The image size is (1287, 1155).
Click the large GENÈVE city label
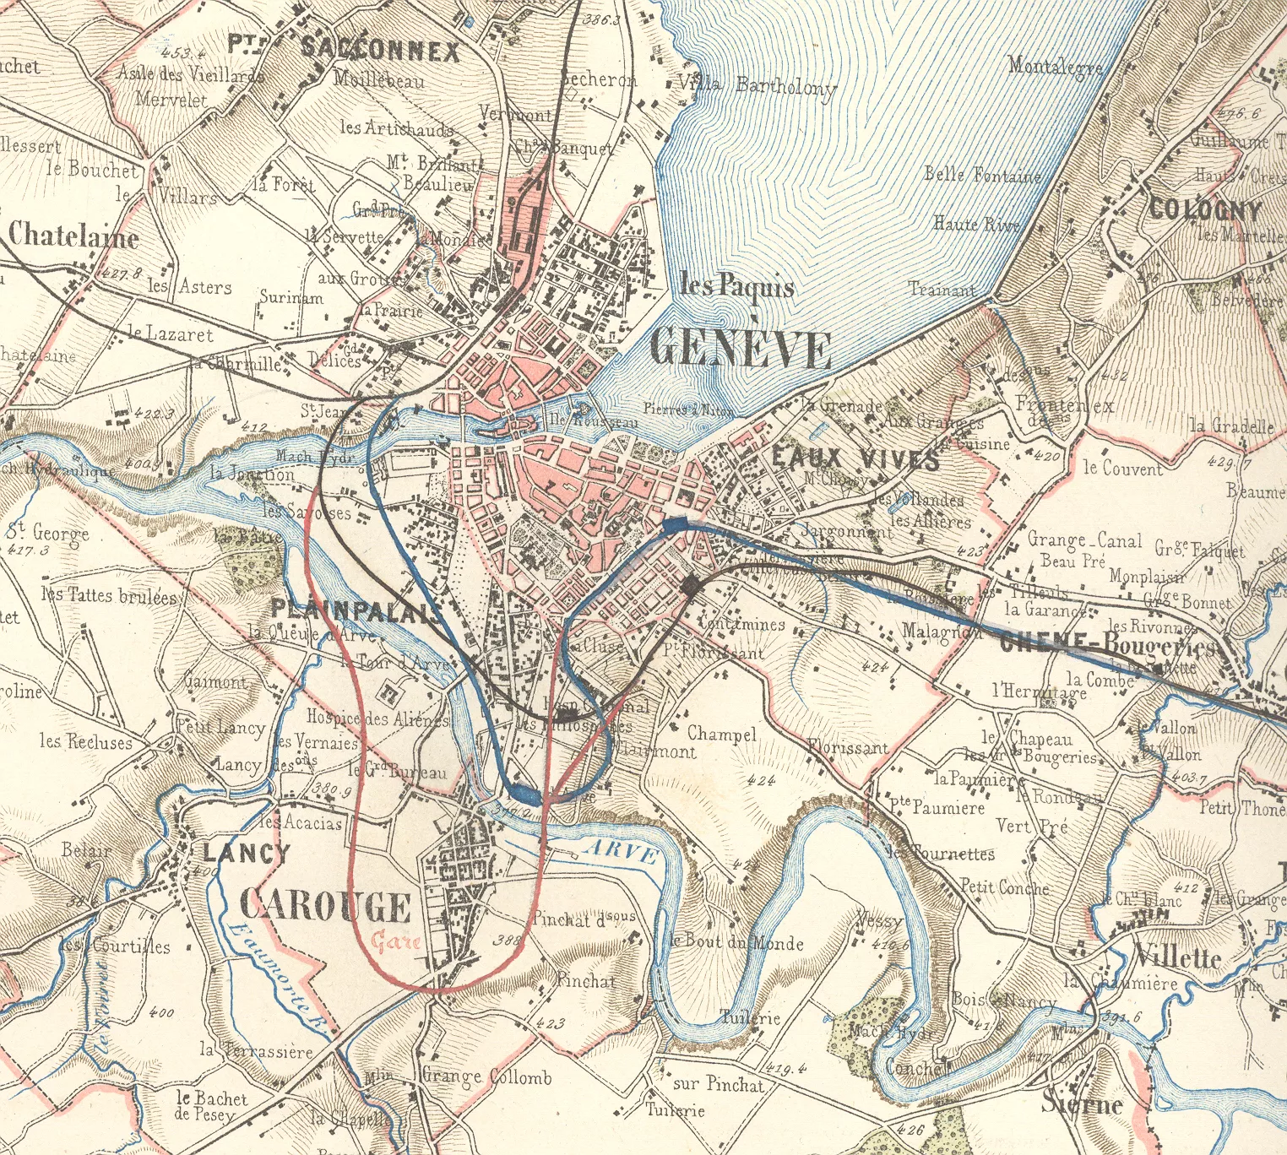pyautogui.click(x=741, y=348)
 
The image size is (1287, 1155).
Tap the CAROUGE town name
pyautogui.click(x=326, y=906)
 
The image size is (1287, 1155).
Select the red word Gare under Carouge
pyautogui.click(x=396, y=941)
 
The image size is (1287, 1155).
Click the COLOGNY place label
pyautogui.click(x=1204, y=209)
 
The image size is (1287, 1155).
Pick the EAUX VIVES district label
pyautogui.click(x=855, y=458)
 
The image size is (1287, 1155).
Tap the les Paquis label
pyautogui.click(x=736, y=286)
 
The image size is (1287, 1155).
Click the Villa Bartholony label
pyautogui.click(x=757, y=85)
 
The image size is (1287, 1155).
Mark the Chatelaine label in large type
pyautogui.click(x=73, y=236)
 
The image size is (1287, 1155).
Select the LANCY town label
pyautogui.click(x=246, y=852)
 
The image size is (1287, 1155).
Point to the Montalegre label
pyautogui.click(x=1055, y=66)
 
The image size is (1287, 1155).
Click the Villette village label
pyautogui.click(x=1177, y=957)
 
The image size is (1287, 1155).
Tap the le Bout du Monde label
pyautogui.click(x=736, y=941)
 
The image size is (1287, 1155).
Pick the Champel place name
pyautogui.click(x=721, y=734)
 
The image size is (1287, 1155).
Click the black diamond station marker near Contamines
pyautogui.click(x=691, y=585)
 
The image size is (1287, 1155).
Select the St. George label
pyautogui.click(x=48, y=533)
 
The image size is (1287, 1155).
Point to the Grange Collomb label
pyautogui.click(x=486, y=1076)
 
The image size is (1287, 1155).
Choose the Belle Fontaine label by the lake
pyautogui.click(x=982, y=175)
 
